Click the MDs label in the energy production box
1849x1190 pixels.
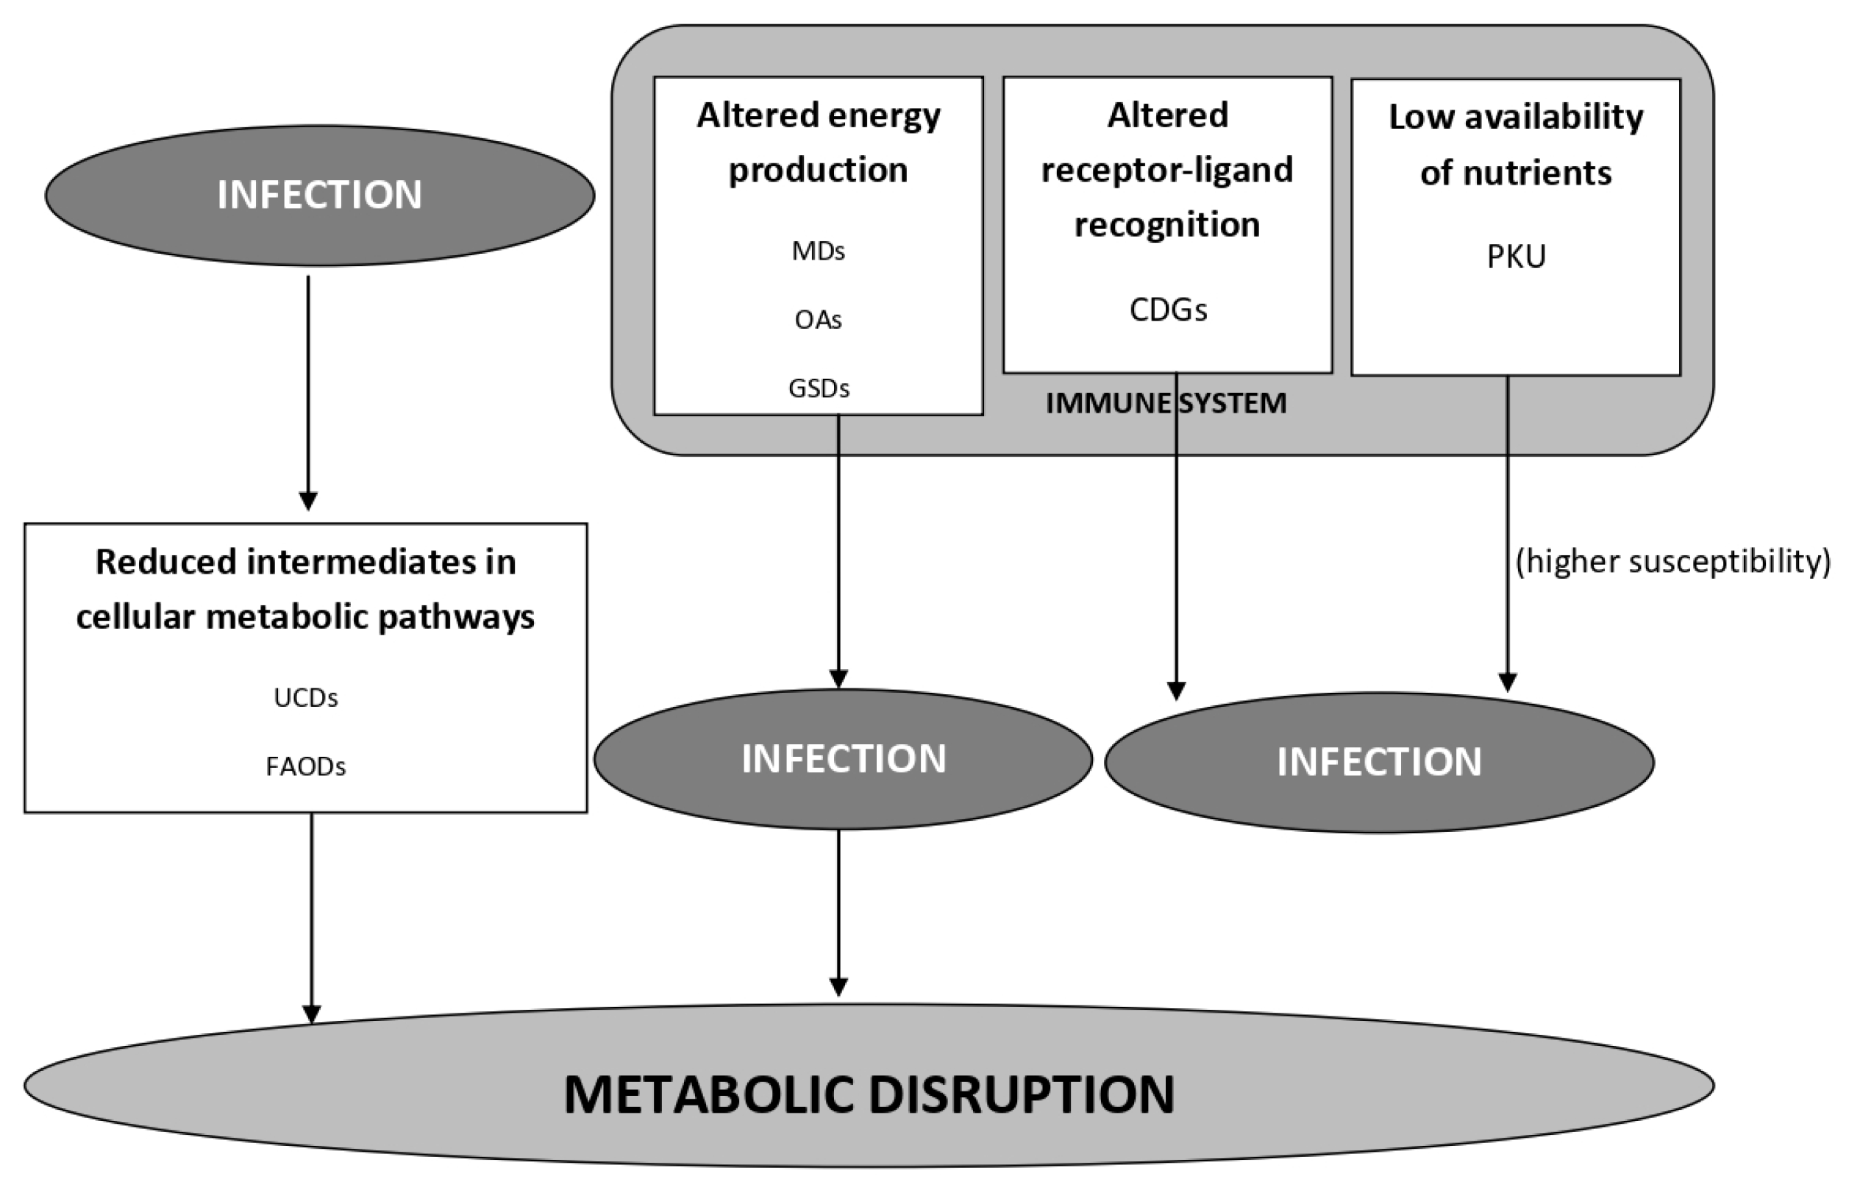(819, 251)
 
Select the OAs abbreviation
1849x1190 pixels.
(819, 319)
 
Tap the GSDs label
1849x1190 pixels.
(819, 388)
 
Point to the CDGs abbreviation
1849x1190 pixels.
(1167, 310)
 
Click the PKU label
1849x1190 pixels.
(1516, 257)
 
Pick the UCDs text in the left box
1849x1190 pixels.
(305, 698)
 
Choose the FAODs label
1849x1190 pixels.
(305, 766)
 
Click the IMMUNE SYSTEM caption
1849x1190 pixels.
(1166, 403)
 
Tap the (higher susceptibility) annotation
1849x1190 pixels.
(1672, 562)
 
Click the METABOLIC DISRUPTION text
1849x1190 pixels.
(869, 1094)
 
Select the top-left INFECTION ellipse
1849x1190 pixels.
(319, 195)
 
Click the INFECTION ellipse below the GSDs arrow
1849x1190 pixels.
(843, 759)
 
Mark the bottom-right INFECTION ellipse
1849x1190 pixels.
(1378, 762)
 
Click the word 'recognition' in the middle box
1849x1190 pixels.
(1166, 225)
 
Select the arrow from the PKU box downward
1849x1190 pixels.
(1507, 533)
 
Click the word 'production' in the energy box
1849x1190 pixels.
(819, 170)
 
